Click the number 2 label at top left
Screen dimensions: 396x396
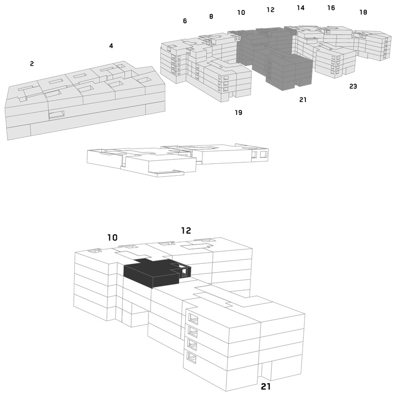point(32,64)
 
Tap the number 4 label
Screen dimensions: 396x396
point(111,46)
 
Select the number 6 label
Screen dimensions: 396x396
point(185,21)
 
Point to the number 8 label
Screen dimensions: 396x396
point(211,17)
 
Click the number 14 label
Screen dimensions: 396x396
point(300,8)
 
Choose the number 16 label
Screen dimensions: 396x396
point(331,8)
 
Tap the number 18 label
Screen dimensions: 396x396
point(363,12)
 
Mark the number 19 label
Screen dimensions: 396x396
point(239,113)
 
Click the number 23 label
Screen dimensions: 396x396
point(353,87)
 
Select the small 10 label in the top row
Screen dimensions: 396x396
point(241,13)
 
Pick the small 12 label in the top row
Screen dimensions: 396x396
point(270,10)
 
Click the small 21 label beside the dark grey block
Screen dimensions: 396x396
point(303,100)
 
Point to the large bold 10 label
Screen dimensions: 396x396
point(112,238)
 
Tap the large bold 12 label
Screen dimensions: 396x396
point(186,231)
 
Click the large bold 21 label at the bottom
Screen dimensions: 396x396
point(266,387)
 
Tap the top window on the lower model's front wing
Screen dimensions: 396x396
point(193,319)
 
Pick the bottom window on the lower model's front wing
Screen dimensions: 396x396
point(192,357)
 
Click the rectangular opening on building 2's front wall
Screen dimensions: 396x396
point(56,115)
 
